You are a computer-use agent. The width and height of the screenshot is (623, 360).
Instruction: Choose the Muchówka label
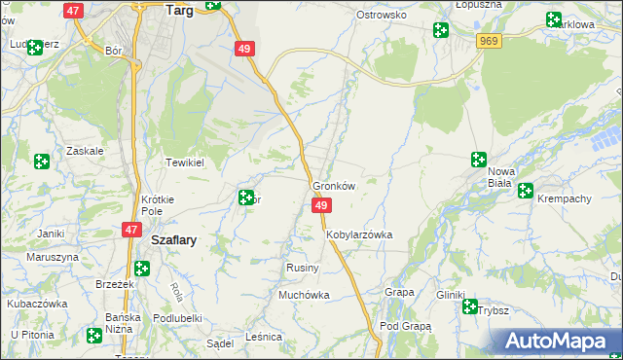pyautogui.click(x=304, y=295)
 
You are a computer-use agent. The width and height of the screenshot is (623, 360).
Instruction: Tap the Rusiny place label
pyautogui.click(x=299, y=267)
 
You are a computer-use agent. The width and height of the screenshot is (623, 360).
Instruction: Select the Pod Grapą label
pyautogui.click(x=405, y=326)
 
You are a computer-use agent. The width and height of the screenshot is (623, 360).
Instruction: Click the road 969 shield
pyautogui.click(x=489, y=40)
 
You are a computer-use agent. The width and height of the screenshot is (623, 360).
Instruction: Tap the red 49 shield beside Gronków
pyautogui.click(x=321, y=205)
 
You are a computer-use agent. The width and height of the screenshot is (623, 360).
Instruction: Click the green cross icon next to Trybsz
pyautogui.click(x=471, y=307)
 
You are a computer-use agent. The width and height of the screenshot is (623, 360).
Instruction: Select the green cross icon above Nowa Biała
pyautogui.click(x=479, y=160)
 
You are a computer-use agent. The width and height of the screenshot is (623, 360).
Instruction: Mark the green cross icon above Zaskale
pyautogui.click(x=42, y=162)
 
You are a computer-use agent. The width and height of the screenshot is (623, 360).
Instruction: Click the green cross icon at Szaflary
pyautogui.click(x=142, y=268)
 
